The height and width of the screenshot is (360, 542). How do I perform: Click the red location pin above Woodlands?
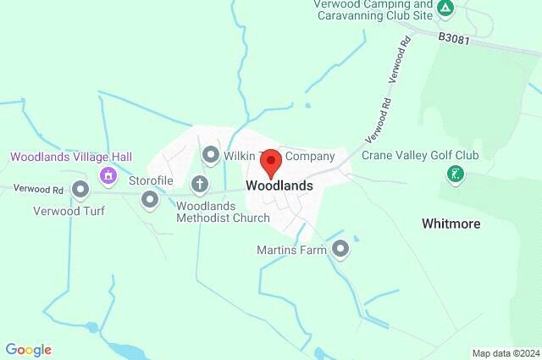270,161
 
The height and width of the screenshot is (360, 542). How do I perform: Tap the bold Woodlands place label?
279,186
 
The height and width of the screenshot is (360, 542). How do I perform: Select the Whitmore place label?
451,224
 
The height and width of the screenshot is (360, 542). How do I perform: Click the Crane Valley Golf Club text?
420,155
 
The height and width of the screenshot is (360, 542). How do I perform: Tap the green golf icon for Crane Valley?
456,175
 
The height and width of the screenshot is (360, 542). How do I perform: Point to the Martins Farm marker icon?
340,249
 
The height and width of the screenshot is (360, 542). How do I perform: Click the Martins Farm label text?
292,250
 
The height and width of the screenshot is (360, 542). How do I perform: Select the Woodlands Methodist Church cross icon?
200,183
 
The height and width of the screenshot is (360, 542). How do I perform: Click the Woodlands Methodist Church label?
223,212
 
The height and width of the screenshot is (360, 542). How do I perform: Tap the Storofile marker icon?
150,200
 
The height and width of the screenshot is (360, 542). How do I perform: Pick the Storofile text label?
151,180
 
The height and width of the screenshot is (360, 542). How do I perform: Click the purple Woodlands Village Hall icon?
108,175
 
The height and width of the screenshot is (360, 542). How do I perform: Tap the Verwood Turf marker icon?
80,189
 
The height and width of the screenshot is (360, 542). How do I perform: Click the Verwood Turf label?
69,210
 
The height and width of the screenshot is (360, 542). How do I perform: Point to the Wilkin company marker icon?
211,155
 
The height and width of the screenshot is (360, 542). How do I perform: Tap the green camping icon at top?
445,9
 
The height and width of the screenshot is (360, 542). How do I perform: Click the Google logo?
28,350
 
